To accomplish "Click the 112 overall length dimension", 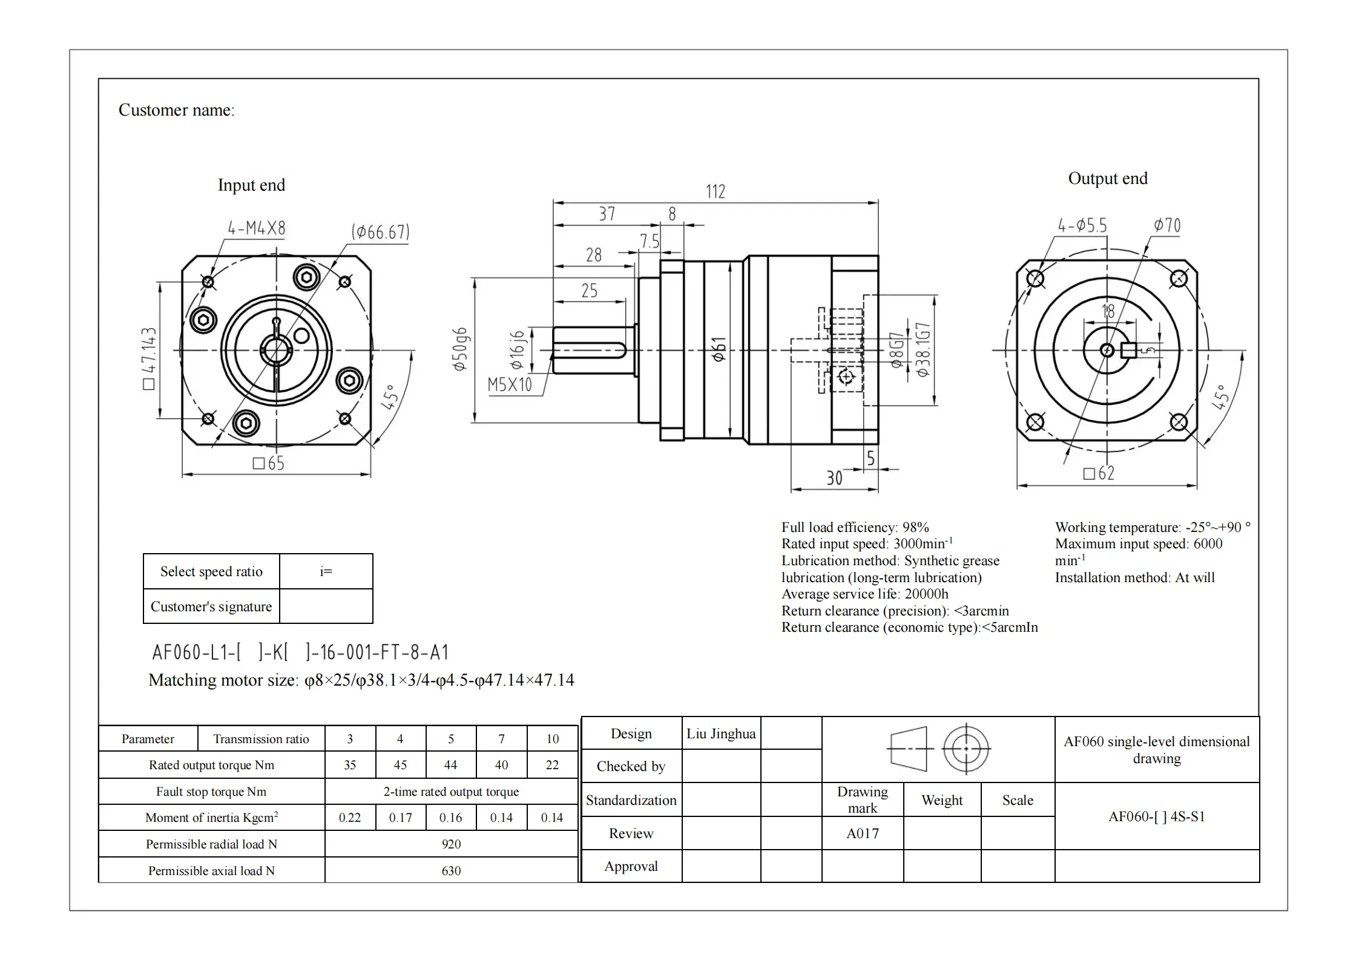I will pos(715,192).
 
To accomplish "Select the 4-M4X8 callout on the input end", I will pos(256,228).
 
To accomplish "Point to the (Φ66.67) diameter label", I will pos(380,232).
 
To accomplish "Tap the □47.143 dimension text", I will pos(149,358).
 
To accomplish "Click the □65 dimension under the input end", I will pos(268,464).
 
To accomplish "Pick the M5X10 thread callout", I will pos(510,384).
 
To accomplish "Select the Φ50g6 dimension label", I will pos(460,349).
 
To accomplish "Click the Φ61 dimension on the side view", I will pos(719,350).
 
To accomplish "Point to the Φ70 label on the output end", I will pos(1167,226).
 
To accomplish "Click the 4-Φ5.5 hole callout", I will pos(1082,226).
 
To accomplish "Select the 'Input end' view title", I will pos(251,185).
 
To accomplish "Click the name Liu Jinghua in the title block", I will pos(720,734).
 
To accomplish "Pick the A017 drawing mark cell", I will pos(862,833).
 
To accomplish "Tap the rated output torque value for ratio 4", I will pos(400,765).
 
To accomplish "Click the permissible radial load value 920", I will pos(451,844).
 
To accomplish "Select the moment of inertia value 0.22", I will pos(350,818).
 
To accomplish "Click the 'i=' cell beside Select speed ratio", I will pos(326,571).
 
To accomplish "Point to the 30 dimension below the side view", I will pos(834,479).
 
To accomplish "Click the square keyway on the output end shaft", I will pos(1128,350).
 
